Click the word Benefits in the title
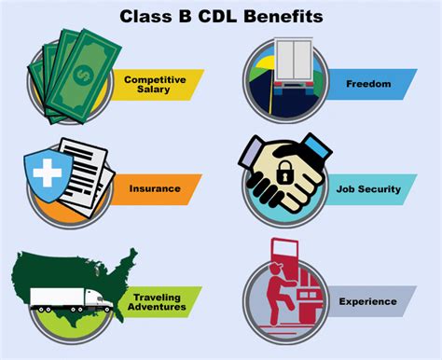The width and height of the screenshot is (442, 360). tap(284, 16)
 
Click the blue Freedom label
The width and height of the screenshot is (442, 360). tap(369, 82)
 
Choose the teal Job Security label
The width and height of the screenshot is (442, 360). tap(367, 189)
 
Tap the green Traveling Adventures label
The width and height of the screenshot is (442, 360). tap(157, 301)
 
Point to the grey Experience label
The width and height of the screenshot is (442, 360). tap(369, 301)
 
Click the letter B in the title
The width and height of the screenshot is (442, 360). tap(187, 16)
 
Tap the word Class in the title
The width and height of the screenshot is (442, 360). tap(145, 16)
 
